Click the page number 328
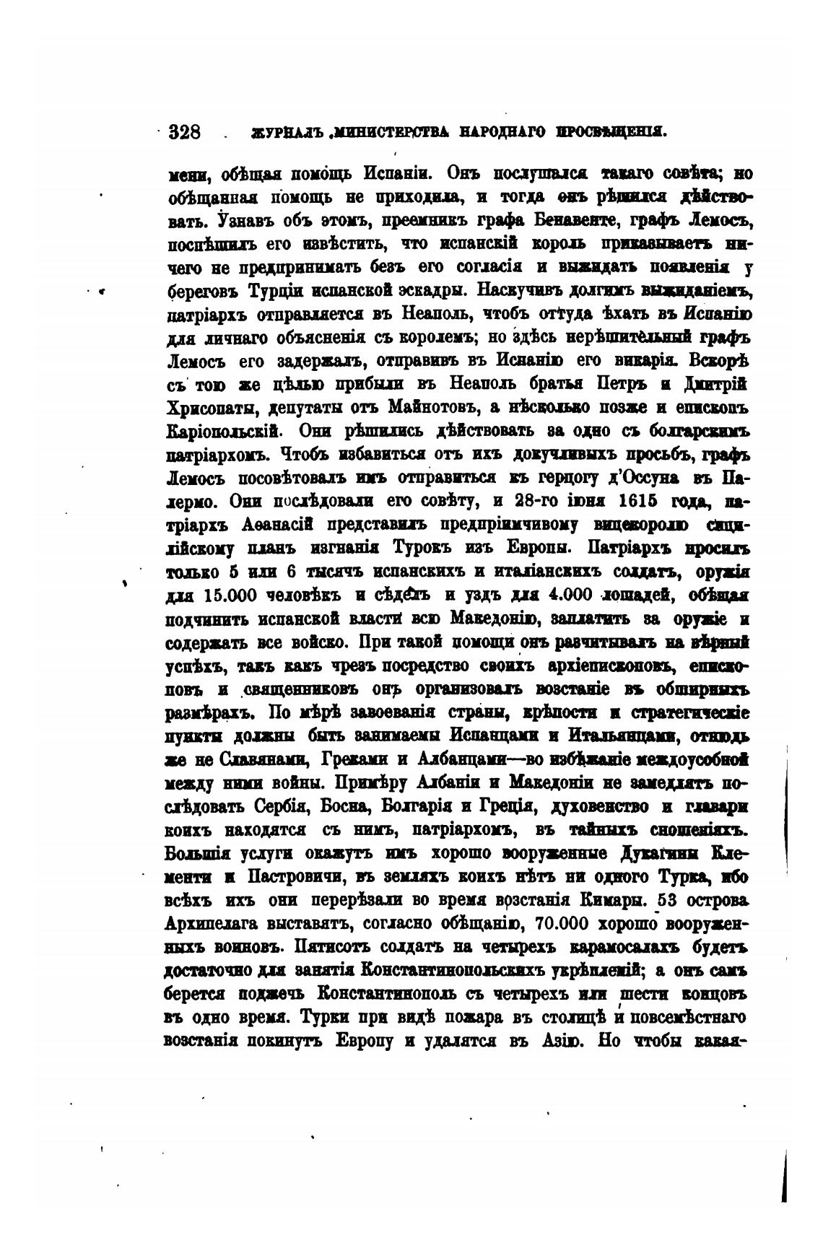pos(184,132)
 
